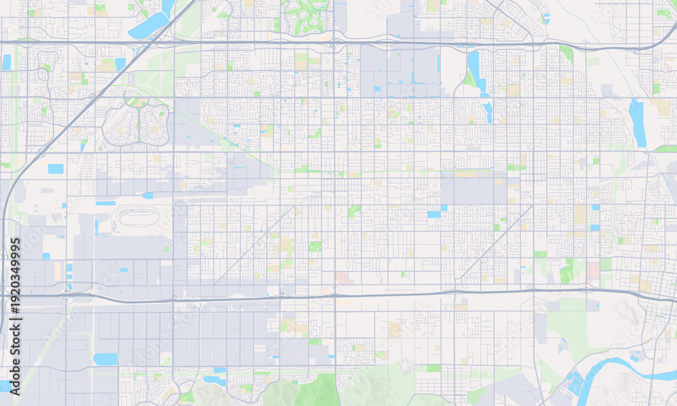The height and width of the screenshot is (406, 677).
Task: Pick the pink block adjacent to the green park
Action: (x=594, y=271)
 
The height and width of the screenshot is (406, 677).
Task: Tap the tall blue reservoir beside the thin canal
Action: (x=637, y=122)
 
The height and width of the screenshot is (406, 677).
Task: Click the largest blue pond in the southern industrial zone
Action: (x=105, y=359)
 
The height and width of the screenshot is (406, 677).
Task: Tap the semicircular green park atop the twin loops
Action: (x=137, y=101)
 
